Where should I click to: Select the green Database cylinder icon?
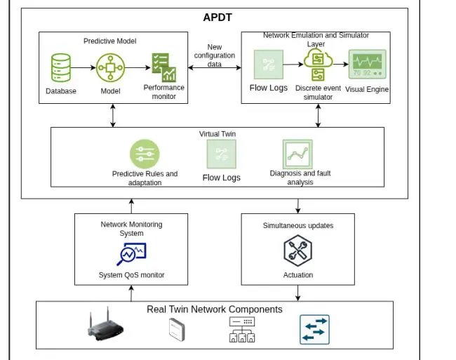pos(61,68)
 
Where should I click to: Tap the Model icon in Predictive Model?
pos(109,68)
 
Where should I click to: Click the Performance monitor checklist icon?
pos(164,68)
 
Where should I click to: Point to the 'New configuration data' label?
pos(215,55)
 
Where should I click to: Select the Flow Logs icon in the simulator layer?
pos(269,65)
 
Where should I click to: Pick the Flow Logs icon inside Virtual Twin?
pos(221,154)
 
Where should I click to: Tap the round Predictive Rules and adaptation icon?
pos(145,154)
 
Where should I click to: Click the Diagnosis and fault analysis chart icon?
pos(297,154)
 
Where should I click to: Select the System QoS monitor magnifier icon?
pos(131,253)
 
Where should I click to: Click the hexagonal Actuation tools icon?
pos(297,251)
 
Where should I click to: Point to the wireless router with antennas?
pos(105,327)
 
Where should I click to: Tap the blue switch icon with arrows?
pos(314,329)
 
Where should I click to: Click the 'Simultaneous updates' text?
pos(298,225)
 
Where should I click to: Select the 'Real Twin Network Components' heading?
pos(215,309)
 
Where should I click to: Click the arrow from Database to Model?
pos(84,68)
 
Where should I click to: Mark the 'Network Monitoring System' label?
pos(131,229)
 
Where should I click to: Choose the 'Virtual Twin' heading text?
pos(217,133)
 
